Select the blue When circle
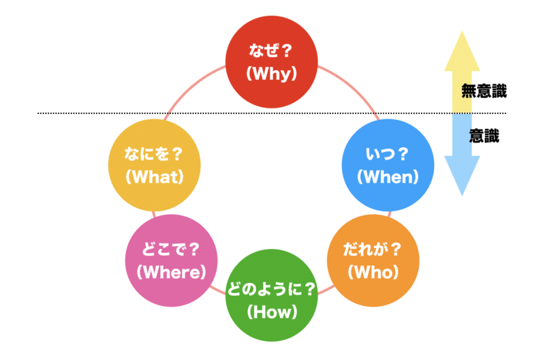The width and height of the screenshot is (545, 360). pos(387,166)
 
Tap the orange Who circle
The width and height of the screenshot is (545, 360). pos(373,260)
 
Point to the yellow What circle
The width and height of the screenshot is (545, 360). pos(155,166)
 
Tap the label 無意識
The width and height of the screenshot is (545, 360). pos(484,91)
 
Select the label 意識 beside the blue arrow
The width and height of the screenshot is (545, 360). pos(484,136)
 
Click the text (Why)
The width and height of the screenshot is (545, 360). pos(272,74)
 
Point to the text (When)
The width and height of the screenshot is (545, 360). pos(386,177)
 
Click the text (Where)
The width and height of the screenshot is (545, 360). pos(171,271)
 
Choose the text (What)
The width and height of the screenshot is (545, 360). pos(155,177)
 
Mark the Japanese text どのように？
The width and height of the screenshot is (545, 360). pos(272,289)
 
